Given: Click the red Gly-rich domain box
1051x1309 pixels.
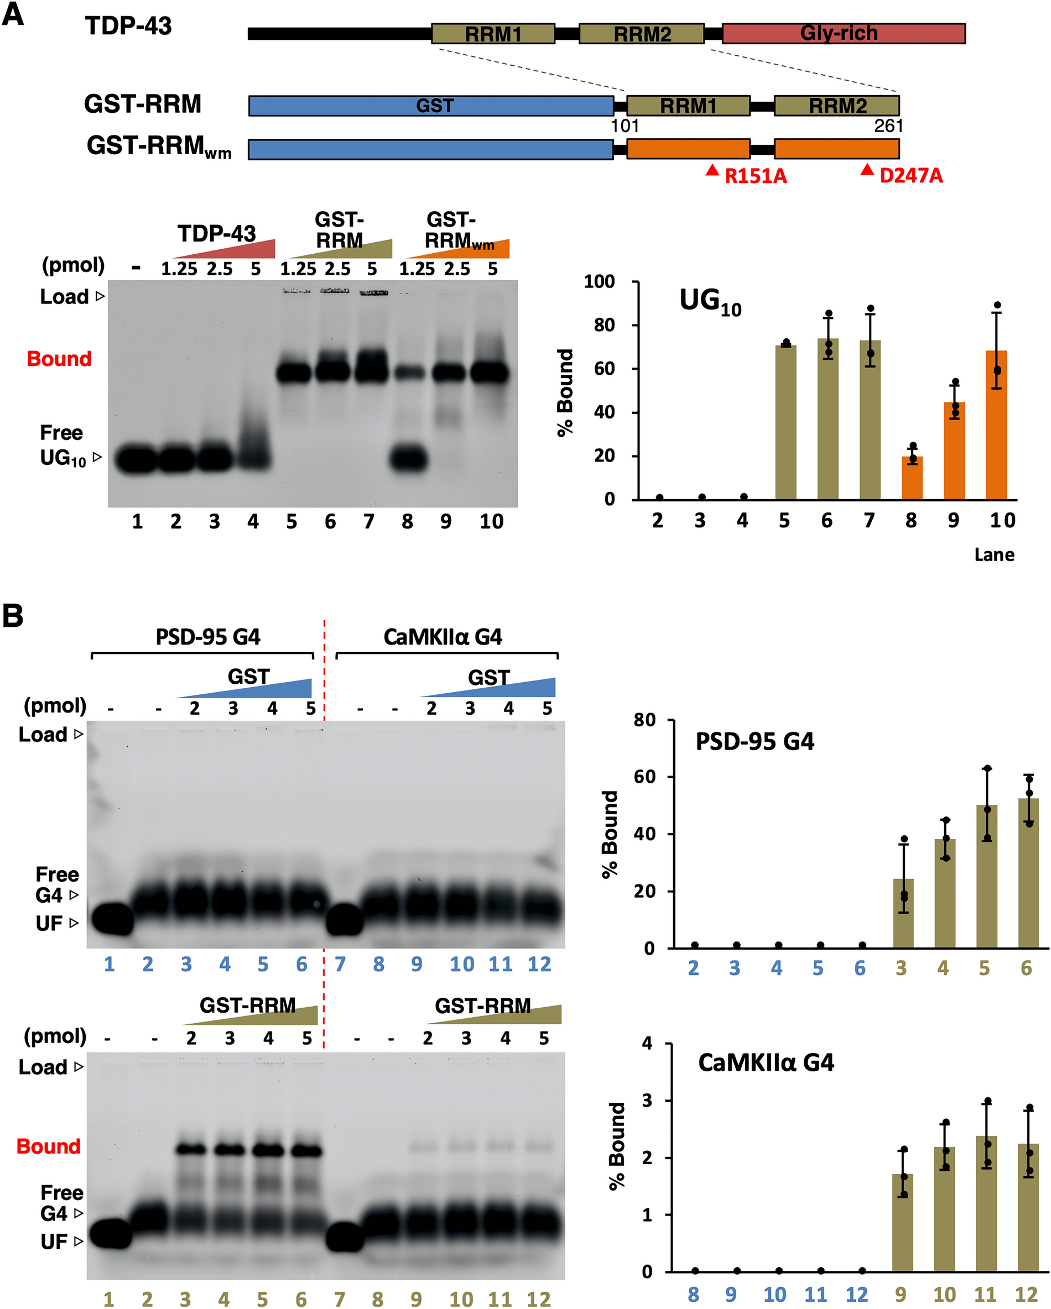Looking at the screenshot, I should point(842,33).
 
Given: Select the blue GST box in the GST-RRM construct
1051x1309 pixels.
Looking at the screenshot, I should point(431,106).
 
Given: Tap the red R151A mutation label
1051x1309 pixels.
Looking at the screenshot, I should point(755,176).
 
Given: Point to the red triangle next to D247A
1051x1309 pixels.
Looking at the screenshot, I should point(867,170).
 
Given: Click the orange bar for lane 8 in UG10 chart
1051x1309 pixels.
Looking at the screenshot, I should point(911,478).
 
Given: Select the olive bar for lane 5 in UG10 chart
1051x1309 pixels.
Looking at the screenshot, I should point(785,422).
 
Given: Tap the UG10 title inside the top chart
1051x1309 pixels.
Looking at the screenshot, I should point(710,302).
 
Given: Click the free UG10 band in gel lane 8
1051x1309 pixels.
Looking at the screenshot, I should point(408,459).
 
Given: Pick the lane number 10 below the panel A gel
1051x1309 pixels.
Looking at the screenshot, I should point(491,521).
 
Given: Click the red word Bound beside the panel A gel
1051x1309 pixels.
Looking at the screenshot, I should point(59,359).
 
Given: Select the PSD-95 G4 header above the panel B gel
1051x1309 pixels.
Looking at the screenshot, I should point(208,637).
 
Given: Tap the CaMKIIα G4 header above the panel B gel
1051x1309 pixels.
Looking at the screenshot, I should point(443,637).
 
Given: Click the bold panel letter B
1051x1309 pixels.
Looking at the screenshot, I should point(13,616).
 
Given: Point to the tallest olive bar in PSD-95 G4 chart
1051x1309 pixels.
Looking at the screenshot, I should point(1028,872).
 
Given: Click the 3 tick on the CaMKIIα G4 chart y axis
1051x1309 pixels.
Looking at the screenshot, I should point(647,1101).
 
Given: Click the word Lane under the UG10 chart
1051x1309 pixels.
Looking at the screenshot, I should point(994,555).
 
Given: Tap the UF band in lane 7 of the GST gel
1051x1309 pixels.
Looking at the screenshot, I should point(345,920).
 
